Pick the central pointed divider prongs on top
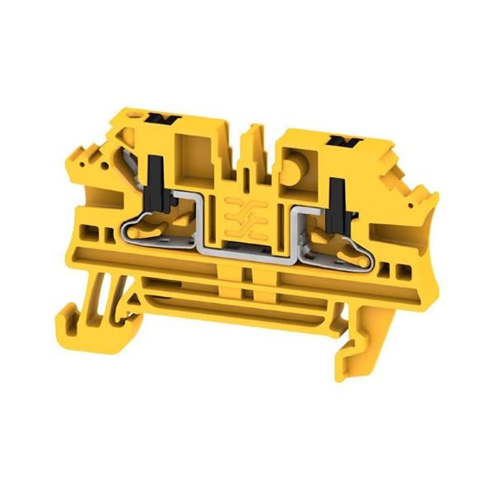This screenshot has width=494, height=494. [x=250, y=145]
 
